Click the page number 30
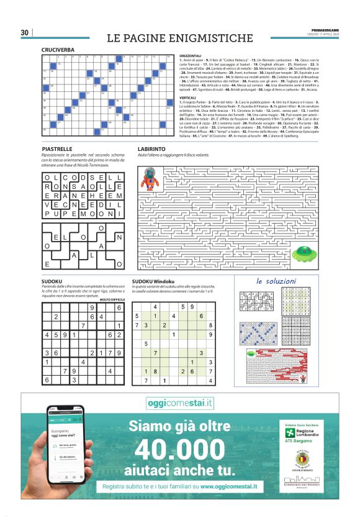coord(25,32)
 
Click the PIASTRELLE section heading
coord(58,150)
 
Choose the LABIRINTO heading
coord(152,150)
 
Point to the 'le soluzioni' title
coord(276,281)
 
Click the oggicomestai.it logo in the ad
coord(179,403)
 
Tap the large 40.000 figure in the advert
coord(179,449)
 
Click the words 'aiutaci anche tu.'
coord(179,468)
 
